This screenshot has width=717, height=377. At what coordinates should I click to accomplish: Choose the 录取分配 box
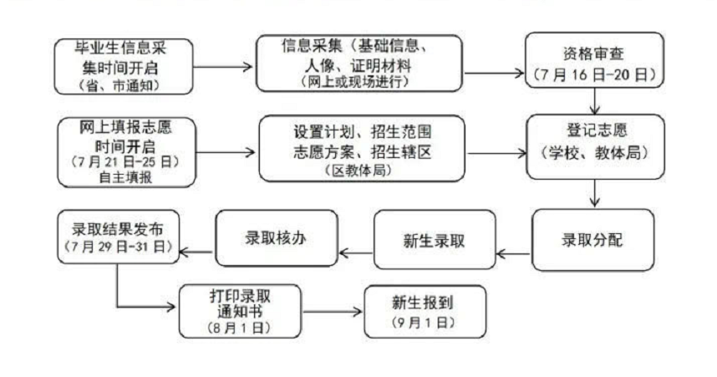coord(593,241)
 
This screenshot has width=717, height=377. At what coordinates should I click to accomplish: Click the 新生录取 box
coord(434,241)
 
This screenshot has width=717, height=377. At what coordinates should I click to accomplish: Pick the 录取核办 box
coord(277,238)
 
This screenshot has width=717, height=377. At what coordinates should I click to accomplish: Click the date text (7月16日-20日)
coord(593,73)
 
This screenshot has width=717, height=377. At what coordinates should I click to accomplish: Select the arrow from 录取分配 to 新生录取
coord(513,251)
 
